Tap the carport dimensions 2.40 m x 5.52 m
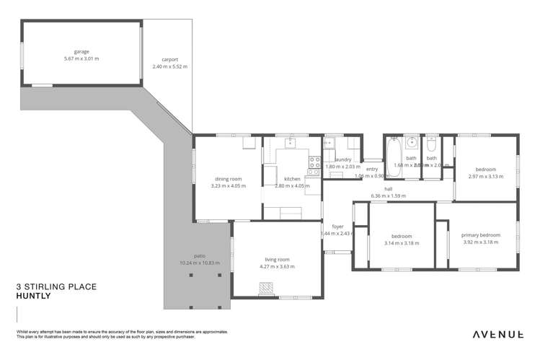[169, 66]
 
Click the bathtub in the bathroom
[394, 157]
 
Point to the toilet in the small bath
[431, 143]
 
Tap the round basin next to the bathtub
[412, 143]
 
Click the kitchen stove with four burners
[314, 165]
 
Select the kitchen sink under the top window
[291, 142]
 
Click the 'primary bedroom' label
[481, 235]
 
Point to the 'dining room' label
[228, 178]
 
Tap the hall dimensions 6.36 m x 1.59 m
[388, 196]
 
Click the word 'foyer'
[337, 227]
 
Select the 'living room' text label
[277, 260]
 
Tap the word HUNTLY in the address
[32, 296]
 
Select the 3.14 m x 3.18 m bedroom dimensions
[402, 243]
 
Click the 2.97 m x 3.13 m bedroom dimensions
[486, 176]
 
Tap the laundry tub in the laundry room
[328, 143]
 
